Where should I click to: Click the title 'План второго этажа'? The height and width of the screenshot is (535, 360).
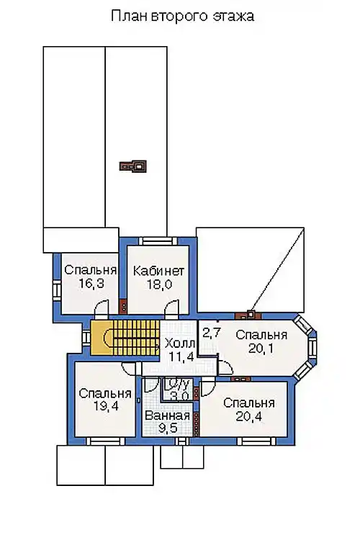pyautogui.click(x=182, y=16)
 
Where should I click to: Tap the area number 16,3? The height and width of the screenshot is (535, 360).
pyautogui.click(x=91, y=283)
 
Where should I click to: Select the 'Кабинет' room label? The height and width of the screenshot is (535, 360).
pyautogui.click(x=158, y=271)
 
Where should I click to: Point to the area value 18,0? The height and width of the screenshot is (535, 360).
pyautogui.click(x=159, y=284)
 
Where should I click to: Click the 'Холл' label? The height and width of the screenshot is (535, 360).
pyautogui.click(x=179, y=343)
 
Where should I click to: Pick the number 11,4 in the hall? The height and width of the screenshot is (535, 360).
pyautogui.click(x=181, y=357)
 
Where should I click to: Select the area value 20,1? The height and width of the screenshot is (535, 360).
pyautogui.click(x=261, y=349)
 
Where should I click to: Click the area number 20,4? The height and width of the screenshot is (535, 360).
pyautogui.click(x=248, y=416)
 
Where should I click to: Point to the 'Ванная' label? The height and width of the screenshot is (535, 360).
pyautogui.click(x=167, y=415)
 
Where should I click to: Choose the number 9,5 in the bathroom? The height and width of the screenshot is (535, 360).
pyautogui.click(x=167, y=428)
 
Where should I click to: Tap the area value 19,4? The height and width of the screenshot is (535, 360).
pyautogui.click(x=105, y=406)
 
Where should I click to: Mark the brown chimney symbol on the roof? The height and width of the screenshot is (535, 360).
pyautogui.click(x=132, y=166)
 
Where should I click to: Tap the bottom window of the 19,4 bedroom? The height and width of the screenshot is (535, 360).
pyautogui.click(x=104, y=441)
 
